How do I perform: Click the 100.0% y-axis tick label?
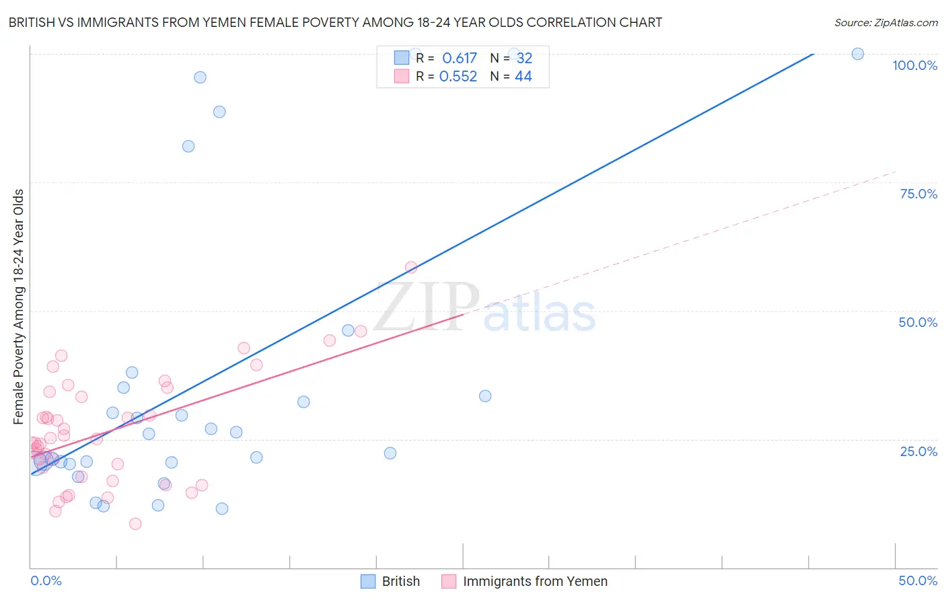click(x=914, y=65)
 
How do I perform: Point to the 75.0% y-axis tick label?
click(x=918, y=194)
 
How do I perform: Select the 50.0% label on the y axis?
click(x=918, y=322)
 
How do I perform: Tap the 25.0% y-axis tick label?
click(x=918, y=451)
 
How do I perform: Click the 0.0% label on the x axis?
click(x=46, y=580)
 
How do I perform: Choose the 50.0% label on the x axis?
click(x=918, y=580)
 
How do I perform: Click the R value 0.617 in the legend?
click(x=460, y=59)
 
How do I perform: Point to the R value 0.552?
click(x=458, y=77)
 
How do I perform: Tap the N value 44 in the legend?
click(x=523, y=77)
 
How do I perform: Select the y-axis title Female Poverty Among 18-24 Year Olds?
click(x=19, y=307)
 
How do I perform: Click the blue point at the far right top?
click(x=858, y=54)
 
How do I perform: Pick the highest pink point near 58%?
click(x=411, y=267)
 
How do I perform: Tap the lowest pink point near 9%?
click(x=135, y=524)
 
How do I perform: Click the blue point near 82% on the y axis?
click(x=188, y=147)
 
